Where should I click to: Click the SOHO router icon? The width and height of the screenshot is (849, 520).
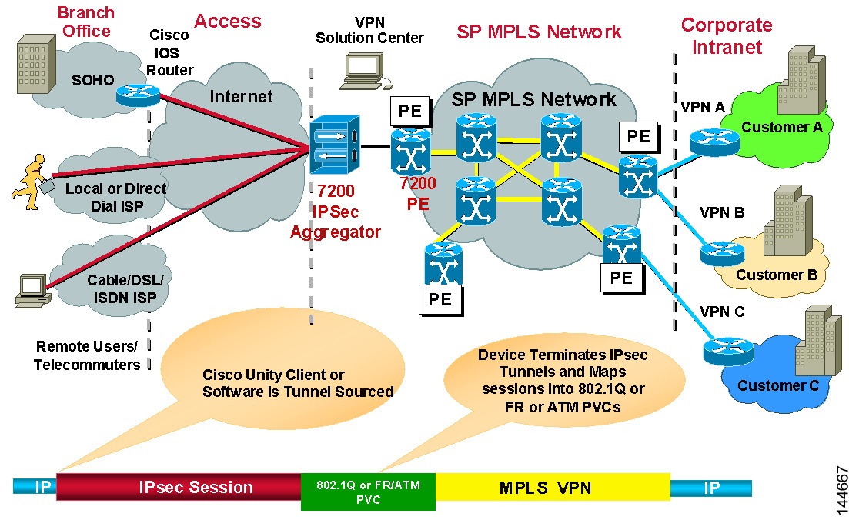click(x=137, y=95)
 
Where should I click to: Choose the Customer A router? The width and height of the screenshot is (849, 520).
click(x=714, y=141)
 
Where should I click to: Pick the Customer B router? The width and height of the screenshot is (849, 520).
click(x=722, y=252)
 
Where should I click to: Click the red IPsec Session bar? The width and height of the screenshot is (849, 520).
click(x=179, y=487)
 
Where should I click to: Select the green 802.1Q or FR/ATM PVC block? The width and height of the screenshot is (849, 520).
click(x=367, y=491)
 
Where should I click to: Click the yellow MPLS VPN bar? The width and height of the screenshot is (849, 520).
click(x=552, y=487)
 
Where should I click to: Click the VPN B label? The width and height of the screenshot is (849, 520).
click(x=721, y=212)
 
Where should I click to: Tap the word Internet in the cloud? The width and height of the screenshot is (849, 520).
click(x=242, y=96)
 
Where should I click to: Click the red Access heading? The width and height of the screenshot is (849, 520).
click(x=227, y=21)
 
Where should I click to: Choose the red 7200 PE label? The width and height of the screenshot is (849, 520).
click(x=418, y=195)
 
